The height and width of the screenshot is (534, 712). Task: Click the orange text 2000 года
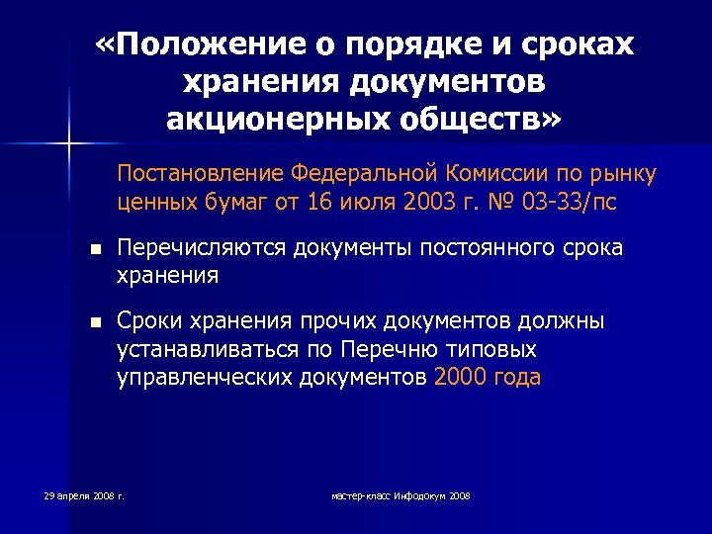click(488, 377)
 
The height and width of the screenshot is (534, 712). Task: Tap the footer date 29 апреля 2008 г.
click(84, 493)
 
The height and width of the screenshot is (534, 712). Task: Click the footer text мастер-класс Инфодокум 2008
click(400, 493)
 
